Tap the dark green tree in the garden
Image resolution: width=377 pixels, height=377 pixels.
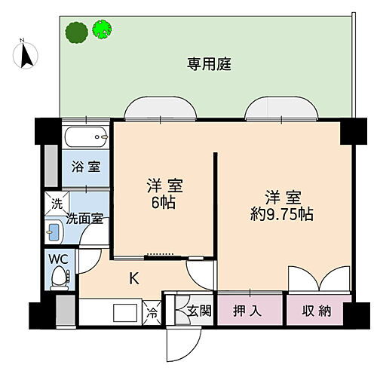pyautogui.click(x=75, y=32)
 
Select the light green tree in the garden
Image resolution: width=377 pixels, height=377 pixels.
pyautogui.click(x=101, y=29)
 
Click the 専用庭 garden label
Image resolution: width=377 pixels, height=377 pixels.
pyautogui.click(x=209, y=64)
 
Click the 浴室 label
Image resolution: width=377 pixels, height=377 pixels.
pyautogui.click(x=82, y=167)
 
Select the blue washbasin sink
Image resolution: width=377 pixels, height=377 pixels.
pyautogui.click(x=55, y=231)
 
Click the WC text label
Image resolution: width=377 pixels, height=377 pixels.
pyautogui.click(x=57, y=259)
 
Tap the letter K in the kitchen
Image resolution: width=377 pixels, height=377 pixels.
pyautogui.click(x=133, y=278)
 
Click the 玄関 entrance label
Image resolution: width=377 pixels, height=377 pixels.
pyautogui.click(x=199, y=311)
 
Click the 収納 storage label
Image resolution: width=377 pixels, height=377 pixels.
pyautogui.click(x=317, y=311)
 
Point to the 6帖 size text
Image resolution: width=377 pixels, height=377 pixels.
pyautogui.click(x=164, y=202)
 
